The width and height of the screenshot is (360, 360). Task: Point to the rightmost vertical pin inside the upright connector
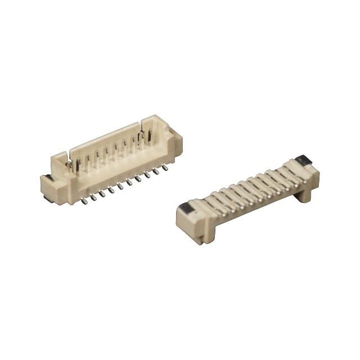coord(150,137)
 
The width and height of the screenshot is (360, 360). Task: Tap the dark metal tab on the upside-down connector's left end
coord(187,211)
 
